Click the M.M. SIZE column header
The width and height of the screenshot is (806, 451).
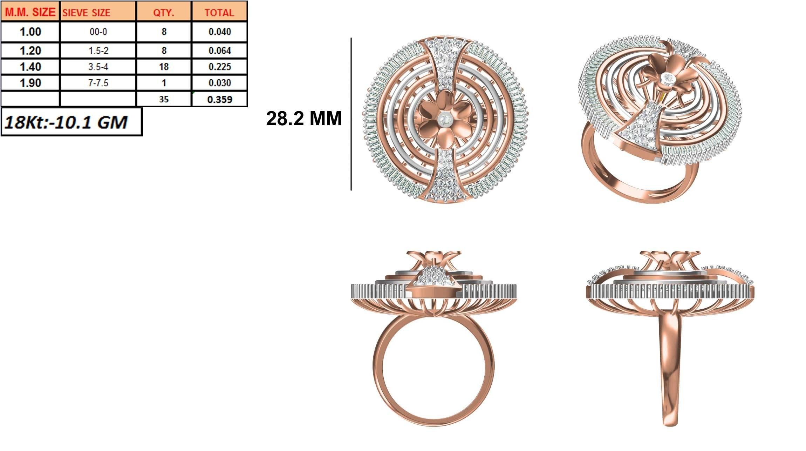(x=30, y=12)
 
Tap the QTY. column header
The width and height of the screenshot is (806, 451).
(x=164, y=13)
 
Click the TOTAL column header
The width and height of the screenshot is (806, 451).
(x=219, y=13)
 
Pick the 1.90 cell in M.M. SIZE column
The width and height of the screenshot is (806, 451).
(x=30, y=83)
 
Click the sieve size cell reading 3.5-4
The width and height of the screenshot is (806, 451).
(x=98, y=67)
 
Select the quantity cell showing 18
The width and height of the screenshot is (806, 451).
(x=164, y=67)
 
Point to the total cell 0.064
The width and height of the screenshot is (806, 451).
(x=219, y=51)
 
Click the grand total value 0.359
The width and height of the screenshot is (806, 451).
(x=219, y=100)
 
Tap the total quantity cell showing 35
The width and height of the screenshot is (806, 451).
(x=164, y=100)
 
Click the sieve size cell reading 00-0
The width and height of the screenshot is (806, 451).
(x=98, y=32)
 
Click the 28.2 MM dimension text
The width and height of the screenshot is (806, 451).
(x=303, y=119)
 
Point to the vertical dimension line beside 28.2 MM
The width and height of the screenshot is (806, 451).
(x=351, y=114)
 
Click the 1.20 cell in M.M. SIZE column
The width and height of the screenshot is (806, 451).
(x=30, y=51)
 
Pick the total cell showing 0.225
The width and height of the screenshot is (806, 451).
(x=219, y=67)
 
